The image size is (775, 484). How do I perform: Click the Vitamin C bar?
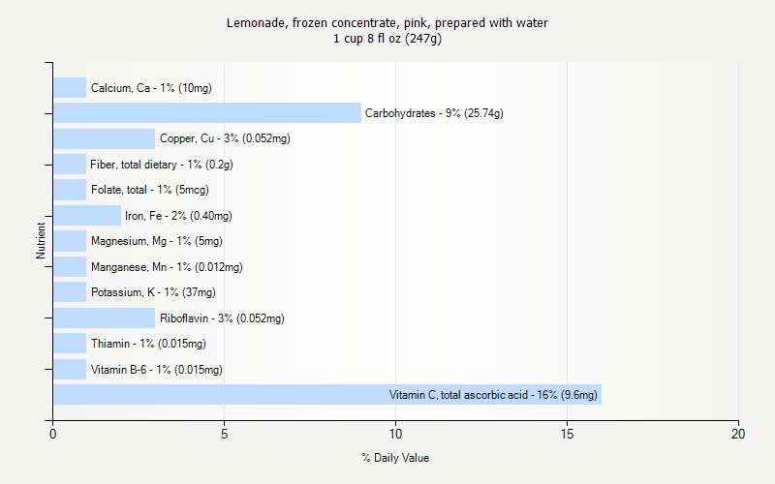click(326, 394)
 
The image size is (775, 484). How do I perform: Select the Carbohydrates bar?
click(206, 113)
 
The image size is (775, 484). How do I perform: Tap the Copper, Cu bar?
click(104, 138)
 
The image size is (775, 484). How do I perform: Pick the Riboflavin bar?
click(104, 318)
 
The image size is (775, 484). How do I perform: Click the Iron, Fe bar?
click(86, 215)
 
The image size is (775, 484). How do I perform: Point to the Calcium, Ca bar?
click(70, 88)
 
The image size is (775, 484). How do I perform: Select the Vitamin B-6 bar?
click(70, 369)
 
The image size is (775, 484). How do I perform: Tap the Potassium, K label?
click(153, 292)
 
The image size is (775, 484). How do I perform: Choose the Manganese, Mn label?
click(167, 267)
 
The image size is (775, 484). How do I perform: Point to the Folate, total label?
click(149, 190)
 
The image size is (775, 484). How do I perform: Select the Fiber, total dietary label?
click(162, 165)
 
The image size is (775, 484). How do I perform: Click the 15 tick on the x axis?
click(567, 435)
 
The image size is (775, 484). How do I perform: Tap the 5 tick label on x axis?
click(224, 435)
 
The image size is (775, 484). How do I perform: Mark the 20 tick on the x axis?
click(738, 435)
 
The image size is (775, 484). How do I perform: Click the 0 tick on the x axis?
click(53, 435)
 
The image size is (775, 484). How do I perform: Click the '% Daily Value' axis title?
click(395, 458)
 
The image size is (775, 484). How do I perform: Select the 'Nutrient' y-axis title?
click(41, 241)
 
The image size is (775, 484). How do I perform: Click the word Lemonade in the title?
click(254, 22)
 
